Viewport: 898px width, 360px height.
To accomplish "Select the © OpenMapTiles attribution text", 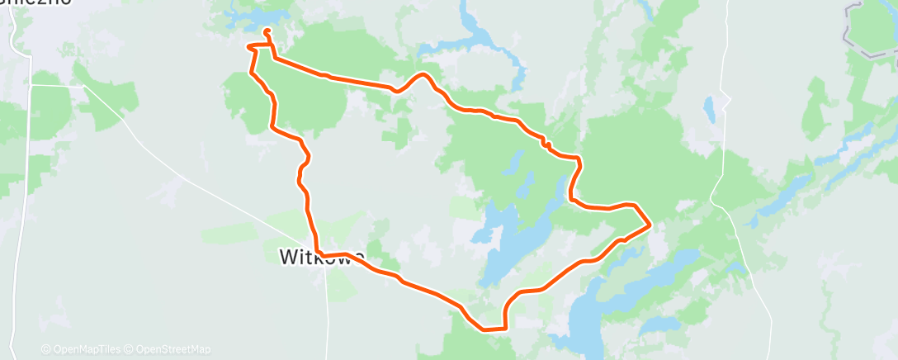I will (83, 349).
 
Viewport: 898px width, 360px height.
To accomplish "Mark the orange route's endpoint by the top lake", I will (267, 32).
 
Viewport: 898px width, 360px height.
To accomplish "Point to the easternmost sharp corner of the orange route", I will (650, 224).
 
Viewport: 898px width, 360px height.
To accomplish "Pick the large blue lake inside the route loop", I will (508, 248).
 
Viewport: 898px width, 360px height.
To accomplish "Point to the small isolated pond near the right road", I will (709, 107).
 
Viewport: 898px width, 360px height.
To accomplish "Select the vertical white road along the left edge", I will (31, 206).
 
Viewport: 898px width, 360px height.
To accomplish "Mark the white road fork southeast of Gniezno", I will (83, 86).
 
